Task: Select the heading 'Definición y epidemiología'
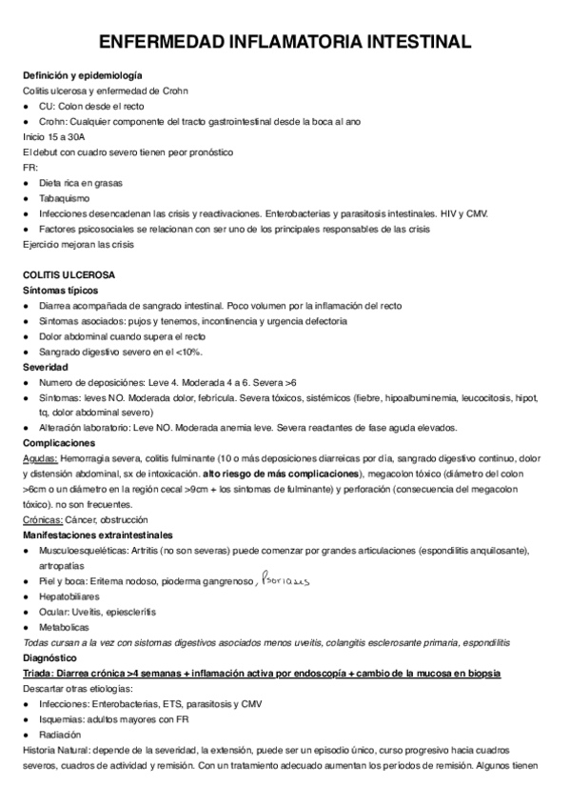pos(83,75)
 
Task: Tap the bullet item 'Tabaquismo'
pos(65,198)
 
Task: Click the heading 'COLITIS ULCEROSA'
pos(69,274)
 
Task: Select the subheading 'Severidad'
pos(46,367)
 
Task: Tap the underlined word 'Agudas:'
pos(39,458)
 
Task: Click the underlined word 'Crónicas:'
pos(44,519)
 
